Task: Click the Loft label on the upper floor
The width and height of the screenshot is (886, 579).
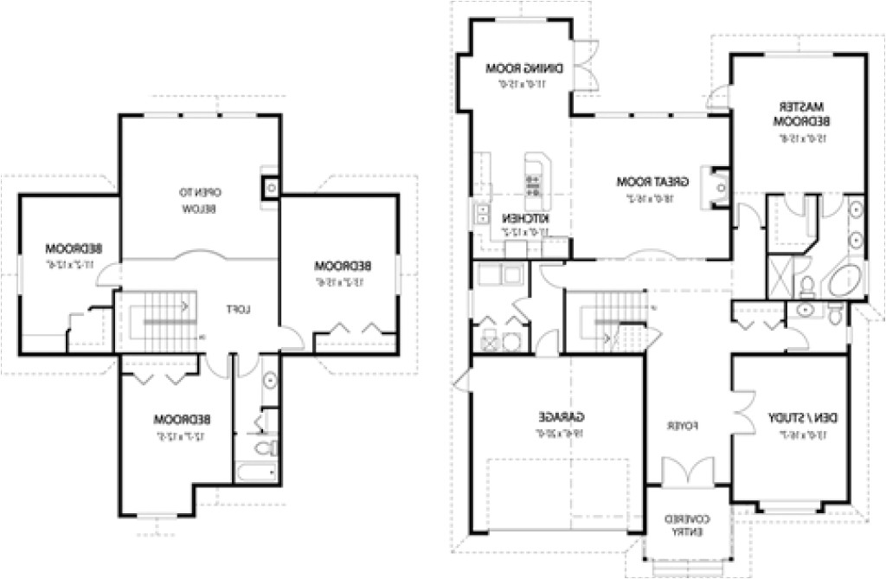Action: [238, 309]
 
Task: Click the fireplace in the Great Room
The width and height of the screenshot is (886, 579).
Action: [720, 183]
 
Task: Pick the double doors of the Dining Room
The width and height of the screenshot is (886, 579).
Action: [587, 66]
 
